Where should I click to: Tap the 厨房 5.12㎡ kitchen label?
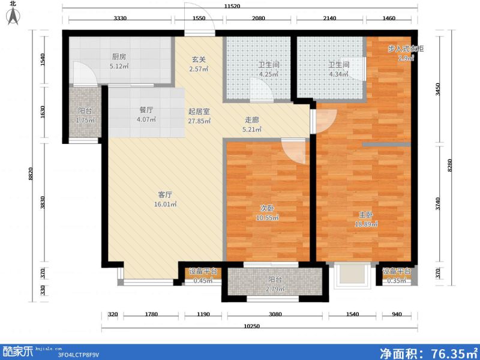click(x=118, y=62)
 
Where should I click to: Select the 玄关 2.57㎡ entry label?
click(x=199, y=64)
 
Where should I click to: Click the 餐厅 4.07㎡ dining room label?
click(x=146, y=115)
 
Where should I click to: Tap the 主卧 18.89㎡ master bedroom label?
click(x=366, y=219)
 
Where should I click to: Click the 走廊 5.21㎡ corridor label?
click(x=252, y=123)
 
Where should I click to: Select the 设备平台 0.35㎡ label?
click(x=396, y=275)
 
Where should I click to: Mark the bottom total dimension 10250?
click(x=251, y=326)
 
